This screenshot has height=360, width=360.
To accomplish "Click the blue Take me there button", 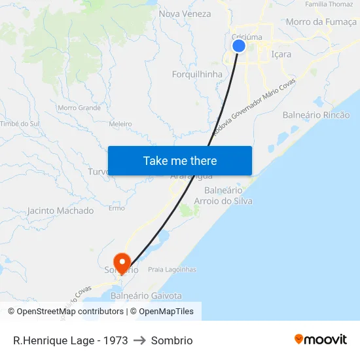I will coord(180,160).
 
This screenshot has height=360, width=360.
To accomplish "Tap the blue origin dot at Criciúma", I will coord(239,46).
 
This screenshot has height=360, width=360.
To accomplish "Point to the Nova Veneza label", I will coord(185,14).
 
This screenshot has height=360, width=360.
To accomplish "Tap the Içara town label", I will coord(281,55).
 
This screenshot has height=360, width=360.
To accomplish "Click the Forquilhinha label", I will coord(197,74).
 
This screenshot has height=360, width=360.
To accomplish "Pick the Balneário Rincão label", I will coord(316,115).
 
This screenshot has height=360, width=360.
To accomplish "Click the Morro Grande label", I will coord(79,107).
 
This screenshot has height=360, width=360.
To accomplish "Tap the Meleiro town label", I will coord(120,124).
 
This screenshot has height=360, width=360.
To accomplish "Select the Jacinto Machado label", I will coord(60,211).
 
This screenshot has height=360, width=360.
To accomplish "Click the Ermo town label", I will coord(117,208).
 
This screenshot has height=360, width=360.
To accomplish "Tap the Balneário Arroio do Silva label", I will coord(228,196).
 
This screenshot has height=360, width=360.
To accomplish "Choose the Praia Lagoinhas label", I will coord(172,269).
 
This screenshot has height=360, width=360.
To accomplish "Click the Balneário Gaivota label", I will coord(147,296).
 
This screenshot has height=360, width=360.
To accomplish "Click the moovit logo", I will coord(321,340).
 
